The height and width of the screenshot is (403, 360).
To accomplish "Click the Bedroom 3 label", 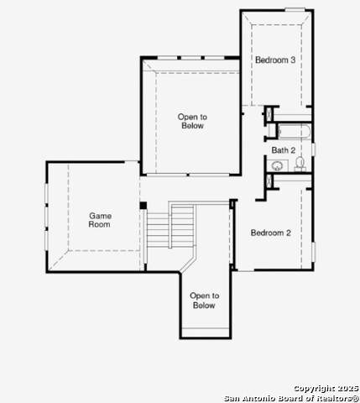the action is click(x=275, y=60).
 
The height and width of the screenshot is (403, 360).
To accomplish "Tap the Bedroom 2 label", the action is click(x=271, y=233).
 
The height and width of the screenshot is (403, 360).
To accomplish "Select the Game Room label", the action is click(x=100, y=220).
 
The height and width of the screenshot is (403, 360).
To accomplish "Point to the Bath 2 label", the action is click(x=284, y=150).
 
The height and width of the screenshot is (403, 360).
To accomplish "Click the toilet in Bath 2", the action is click(x=300, y=164).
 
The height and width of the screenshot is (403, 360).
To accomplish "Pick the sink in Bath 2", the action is click(x=277, y=165).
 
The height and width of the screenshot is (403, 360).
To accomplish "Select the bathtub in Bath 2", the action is click(x=295, y=132).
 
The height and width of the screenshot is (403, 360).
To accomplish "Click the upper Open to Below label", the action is click(x=192, y=121).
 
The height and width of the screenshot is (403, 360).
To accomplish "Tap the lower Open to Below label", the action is click(x=205, y=301).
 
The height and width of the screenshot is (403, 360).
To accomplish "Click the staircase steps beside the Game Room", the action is click(x=170, y=227).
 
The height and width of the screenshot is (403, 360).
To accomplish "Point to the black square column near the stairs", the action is click(x=143, y=205).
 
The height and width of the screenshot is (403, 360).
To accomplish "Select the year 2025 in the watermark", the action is click(x=347, y=389).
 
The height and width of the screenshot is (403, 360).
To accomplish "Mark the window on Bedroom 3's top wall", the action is click(x=295, y=10).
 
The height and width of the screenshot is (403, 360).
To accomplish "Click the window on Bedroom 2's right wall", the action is click(x=313, y=252).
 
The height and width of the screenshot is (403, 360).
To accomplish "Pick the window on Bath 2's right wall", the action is click(x=313, y=149).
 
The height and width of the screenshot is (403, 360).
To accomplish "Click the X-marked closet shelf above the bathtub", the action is click(x=269, y=114).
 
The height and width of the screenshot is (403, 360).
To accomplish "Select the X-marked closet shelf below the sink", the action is click(x=269, y=181).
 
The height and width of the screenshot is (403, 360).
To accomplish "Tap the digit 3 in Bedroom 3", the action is click(x=293, y=60).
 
